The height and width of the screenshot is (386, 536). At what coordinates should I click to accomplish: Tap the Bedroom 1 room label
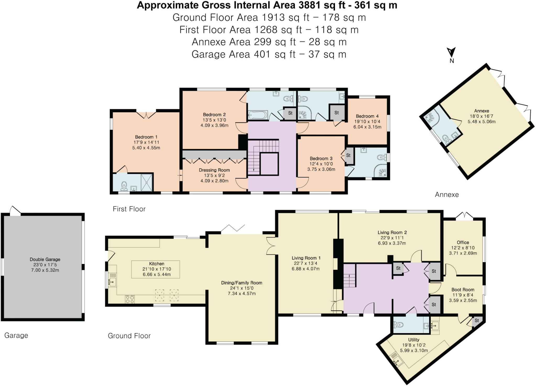pyautogui.click(x=146, y=137)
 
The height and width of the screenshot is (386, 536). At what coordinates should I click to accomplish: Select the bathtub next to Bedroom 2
pyautogui.click(x=258, y=115)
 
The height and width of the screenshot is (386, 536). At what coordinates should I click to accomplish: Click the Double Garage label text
pyautogui.click(x=45, y=259)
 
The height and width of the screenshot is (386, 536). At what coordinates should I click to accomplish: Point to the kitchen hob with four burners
pyautogui.click(x=130, y=299)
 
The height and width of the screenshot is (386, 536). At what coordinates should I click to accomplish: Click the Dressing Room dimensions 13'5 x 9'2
pyautogui.click(x=214, y=175)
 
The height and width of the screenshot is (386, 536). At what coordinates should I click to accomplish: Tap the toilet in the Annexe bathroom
pyautogui.click(x=446, y=138)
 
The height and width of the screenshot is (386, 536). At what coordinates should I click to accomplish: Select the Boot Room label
pyautogui.click(x=463, y=290)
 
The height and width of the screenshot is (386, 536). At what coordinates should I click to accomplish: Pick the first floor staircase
pyautogui.click(x=263, y=157)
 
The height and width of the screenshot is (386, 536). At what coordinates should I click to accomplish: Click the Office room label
pyautogui.click(x=463, y=242)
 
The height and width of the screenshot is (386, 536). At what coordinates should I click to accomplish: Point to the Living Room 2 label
pyautogui.click(x=392, y=233)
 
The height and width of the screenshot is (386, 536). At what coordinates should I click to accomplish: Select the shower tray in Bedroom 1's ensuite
pyautogui.click(x=147, y=182)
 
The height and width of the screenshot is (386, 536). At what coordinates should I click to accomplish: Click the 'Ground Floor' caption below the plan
pyautogui.click(x=129, y=336)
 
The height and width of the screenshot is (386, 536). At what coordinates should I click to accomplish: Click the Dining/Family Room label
pyautogui.click(x=242, y=283)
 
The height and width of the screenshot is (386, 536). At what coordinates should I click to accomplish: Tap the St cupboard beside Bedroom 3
pyautogui.click(x=348, y=156)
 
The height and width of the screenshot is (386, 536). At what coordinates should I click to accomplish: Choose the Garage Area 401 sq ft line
pyautogui.click(x=269, y=54)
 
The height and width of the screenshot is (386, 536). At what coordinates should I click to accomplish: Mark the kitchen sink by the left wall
pyautogui.click(x=112, y=282)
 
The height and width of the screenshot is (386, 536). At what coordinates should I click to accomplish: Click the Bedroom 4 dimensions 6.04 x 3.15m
pyautogui.click(x=367, y=127)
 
